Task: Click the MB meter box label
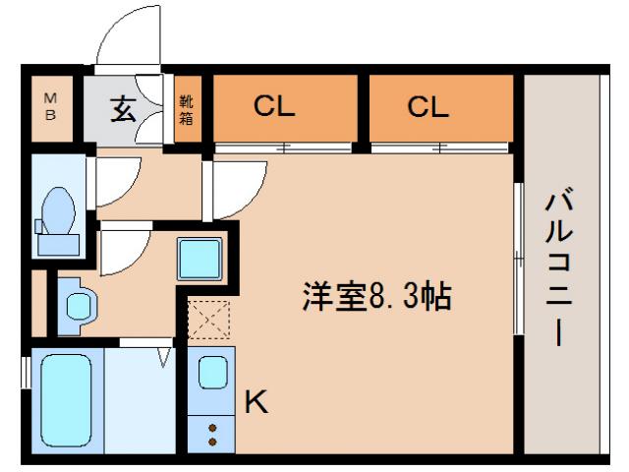50,105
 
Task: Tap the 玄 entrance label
121,109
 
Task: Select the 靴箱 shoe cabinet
187,109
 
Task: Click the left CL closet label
274,107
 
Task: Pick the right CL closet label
428,107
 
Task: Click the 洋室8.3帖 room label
376,295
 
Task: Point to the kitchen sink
211,374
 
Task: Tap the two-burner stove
210,430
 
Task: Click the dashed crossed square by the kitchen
208,320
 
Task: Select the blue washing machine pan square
200,259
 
